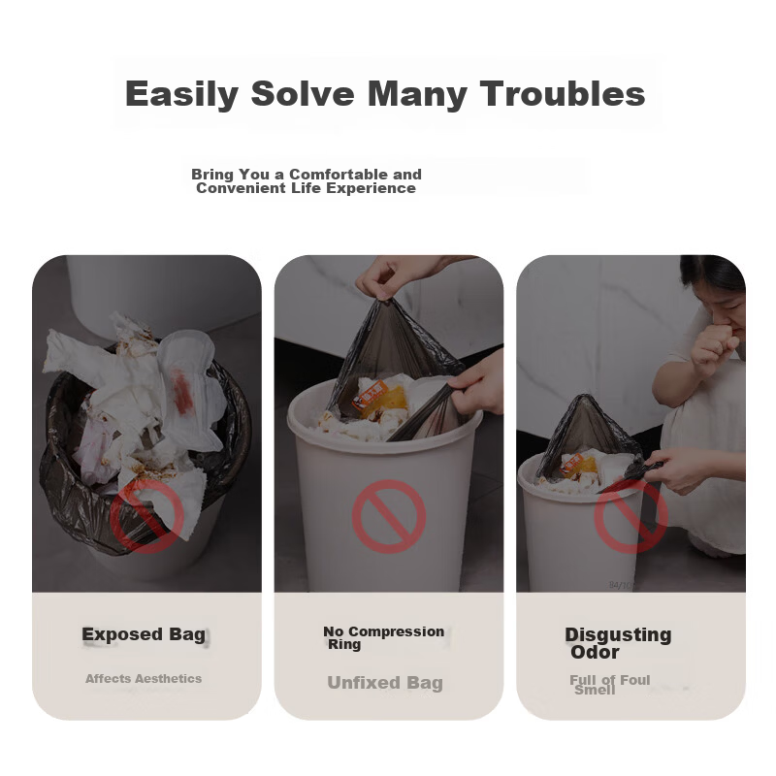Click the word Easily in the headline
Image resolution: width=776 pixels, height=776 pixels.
[x=181, y=94]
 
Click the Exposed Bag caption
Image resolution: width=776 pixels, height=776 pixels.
[x=144, y=634]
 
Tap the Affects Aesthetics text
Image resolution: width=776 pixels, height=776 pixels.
[x=144, y=678]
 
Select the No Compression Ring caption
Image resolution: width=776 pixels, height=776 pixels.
[x=383, y=638]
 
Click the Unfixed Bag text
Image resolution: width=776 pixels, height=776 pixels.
[x=385, y=683]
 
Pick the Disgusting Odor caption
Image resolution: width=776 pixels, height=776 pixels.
[x=618, y=643]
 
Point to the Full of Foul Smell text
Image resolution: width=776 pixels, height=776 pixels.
[x=610, y=685]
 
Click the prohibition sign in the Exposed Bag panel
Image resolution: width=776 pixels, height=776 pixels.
[x=147, y=517]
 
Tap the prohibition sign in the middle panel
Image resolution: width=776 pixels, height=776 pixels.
[x=389, y=517]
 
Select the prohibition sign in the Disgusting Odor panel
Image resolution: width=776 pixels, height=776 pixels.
[x=631, y=517]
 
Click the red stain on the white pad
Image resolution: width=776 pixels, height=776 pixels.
[x=181, y=390]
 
